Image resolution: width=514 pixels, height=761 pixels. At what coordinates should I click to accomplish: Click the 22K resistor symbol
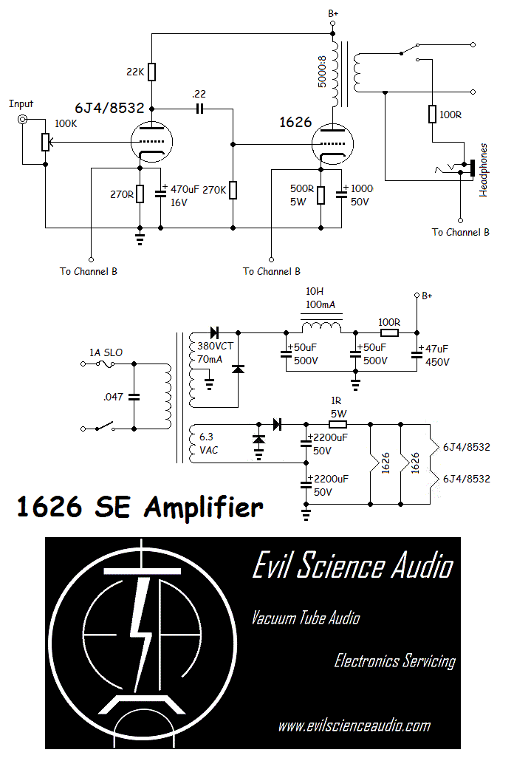[151, 72]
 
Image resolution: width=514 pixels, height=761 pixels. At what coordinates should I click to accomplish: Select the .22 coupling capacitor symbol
[199, 109]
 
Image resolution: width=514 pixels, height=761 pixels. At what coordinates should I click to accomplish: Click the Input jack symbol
[24, 120]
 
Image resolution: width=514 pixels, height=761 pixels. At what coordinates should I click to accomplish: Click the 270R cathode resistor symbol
[140, 195]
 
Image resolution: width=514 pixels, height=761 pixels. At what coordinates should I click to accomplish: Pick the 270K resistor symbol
[233, 190]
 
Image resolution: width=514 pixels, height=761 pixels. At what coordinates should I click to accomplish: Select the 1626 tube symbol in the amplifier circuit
[332, 143]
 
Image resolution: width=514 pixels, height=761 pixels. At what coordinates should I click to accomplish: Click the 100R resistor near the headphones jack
[431, 114]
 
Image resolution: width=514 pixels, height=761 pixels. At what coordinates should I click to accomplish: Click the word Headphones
[484, 169]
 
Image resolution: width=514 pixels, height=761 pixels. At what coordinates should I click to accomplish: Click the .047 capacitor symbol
[134, 396]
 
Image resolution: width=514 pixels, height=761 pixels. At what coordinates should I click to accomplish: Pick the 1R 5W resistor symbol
[337, 424]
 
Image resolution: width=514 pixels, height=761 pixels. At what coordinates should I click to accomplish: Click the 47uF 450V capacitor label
[436, 355]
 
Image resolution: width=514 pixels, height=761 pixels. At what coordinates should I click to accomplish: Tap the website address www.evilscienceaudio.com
[354, 726]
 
